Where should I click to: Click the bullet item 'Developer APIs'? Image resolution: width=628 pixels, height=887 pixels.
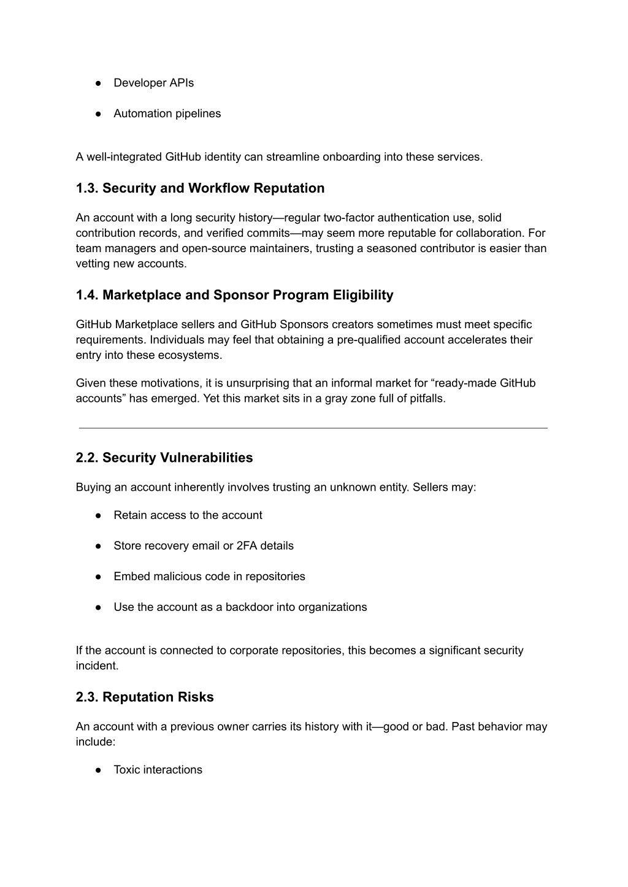pyautogui.click(x=153, y=83)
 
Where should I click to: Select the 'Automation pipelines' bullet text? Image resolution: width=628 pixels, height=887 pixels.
pyautogui.click(x=167, y=113)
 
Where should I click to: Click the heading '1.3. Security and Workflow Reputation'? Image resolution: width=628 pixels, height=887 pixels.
pyautogui.click(x=200, y=188)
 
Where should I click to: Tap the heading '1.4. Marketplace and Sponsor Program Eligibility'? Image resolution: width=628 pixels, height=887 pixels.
pyautogui.click(x=234, y=295)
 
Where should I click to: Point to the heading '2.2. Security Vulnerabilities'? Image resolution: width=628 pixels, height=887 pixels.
pyautogui.click(x=164, y=458)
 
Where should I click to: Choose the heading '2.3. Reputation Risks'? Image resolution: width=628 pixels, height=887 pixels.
pyautogui.click(x=145, y=697)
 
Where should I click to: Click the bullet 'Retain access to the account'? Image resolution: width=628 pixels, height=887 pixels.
pyautogui.click(x=188, y=515)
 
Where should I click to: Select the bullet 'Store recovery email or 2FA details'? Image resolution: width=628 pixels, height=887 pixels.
pyautogui.click(x=203, y=546)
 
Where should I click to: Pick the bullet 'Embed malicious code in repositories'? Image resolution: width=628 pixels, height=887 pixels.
pyautogui.click(x=209, y=577)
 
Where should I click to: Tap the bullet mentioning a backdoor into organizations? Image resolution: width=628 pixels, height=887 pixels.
pyautogui.click(x=240, y=607)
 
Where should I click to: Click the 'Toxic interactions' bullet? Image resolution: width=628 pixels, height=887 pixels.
pyautogui.click(x=158, y=770)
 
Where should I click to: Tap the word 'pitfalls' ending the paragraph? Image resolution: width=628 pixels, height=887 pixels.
pyautogui.click(x=427, y=399)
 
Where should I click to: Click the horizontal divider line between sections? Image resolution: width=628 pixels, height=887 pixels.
pyautogui.click(x=313, y=428)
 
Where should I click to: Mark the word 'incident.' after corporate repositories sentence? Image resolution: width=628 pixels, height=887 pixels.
pyautogui.click(x=97, y=666)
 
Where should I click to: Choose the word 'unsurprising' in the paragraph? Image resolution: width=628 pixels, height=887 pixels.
pyautogui.click(x=258, y=383)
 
